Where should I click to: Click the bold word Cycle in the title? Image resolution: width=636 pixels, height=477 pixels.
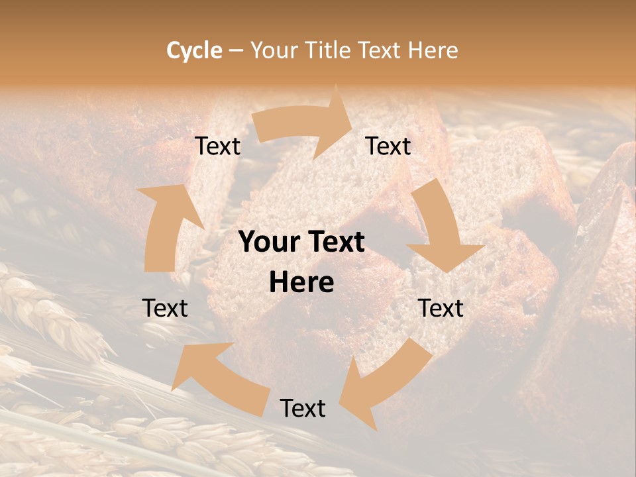pyautogui.click(x=194, y=50)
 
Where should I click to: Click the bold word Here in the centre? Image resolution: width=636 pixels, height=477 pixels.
pyautogui.click(x=301, y=283)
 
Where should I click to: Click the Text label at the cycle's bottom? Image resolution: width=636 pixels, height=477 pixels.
pyautogui.click(x=303, y=408)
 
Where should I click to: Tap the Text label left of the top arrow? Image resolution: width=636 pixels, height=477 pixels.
pyautogui.click(x=217, y=146)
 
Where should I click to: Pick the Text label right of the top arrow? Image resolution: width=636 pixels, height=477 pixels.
pyautogui.click(x=388, y=146)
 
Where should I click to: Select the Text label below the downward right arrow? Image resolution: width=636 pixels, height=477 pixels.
pyautogui.click(x=441, y=308)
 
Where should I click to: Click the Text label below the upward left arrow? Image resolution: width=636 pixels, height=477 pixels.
pyautogui.click(x=165, y=308)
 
